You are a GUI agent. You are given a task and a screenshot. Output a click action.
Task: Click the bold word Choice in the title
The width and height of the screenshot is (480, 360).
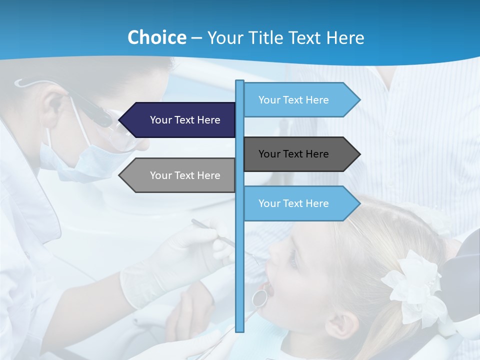click(x=156, y=37)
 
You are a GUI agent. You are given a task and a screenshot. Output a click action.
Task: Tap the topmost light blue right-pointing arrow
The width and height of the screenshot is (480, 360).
click(x=300, y=100)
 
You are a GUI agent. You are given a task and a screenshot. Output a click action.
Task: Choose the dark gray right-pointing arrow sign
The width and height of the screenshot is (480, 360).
click(x=300, y=154)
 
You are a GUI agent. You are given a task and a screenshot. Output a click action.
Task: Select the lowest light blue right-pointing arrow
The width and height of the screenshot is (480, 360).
click(x=300, y=203)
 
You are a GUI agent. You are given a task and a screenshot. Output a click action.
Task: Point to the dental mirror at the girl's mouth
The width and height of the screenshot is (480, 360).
click(x=259, y=298)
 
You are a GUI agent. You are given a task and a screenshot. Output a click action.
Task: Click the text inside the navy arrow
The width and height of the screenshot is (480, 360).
click(x=185, y=120)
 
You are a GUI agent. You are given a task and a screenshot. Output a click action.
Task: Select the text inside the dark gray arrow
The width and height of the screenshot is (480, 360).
click(x=293, y=154)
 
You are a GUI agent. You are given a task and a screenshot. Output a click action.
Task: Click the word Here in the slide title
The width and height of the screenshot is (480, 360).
click(x=345, y=37)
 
